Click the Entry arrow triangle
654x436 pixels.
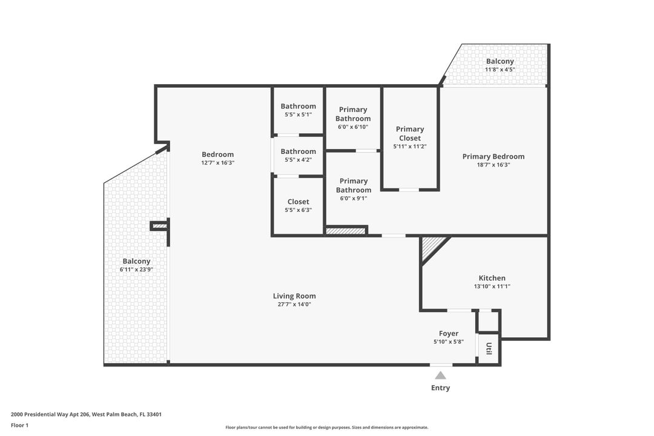point(440,375)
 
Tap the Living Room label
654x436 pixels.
point(294,296)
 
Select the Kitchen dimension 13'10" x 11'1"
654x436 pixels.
point(492,286)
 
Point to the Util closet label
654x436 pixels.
point(489,349)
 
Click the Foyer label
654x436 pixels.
point(449,334)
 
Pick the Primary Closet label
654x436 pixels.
point(410,133)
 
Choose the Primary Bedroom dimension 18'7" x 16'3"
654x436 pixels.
point(494,165)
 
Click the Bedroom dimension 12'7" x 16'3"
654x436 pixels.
point(217,163)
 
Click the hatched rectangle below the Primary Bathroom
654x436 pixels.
point(346,230)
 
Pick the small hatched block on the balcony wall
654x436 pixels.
point(159,226)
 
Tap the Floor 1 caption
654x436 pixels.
point(19,425)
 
